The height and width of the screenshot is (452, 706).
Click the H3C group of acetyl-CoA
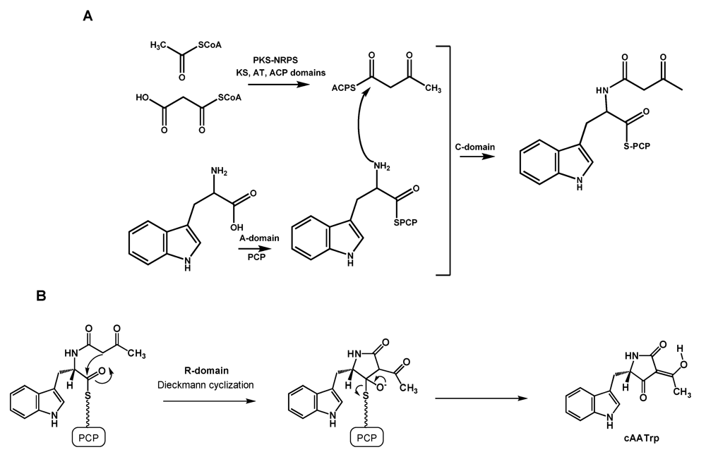click(143, 45)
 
